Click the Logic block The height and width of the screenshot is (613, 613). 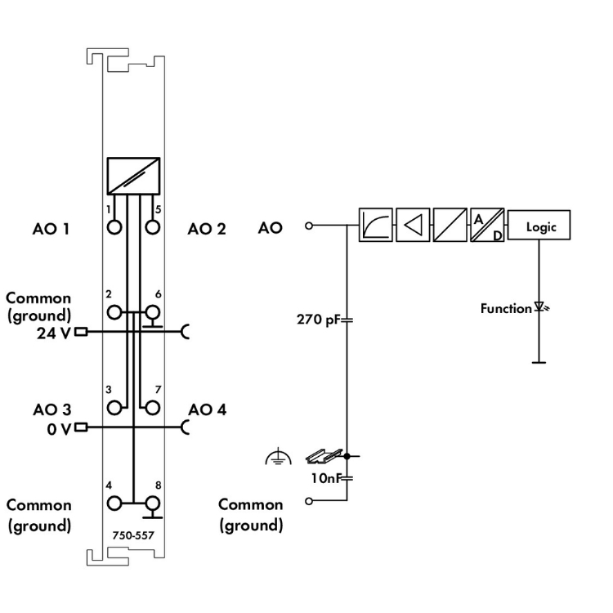(539, 226)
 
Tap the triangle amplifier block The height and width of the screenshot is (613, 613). (412, 226)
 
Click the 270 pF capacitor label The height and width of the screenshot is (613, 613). (317, 320)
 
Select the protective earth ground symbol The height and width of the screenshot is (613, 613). (278, 460)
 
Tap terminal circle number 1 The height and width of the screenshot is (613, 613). (114, 226)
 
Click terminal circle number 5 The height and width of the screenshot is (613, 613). (151, 226)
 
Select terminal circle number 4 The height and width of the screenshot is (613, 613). (114, 503)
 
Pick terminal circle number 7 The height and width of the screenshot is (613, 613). (151, 406)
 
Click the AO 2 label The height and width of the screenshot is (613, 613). (207, 229)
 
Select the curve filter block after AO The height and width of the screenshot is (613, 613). (375, 226)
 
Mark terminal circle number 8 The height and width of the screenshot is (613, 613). (151, 503)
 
